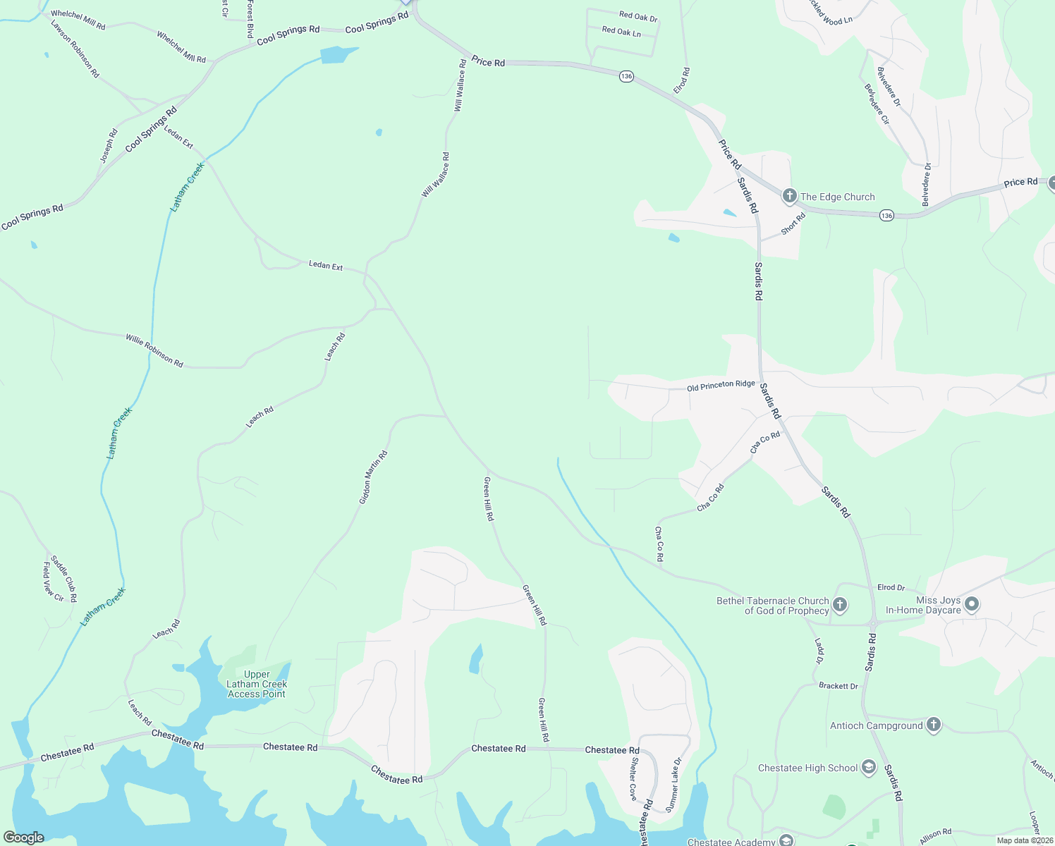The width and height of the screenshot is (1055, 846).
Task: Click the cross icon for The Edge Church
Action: (x=789, y=197)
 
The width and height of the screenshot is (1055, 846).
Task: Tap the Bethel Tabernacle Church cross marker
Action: (x=839, y=605)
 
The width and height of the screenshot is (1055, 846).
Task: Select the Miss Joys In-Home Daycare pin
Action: (x=971, y=604)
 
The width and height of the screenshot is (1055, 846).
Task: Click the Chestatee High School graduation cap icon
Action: (x=869, y=768)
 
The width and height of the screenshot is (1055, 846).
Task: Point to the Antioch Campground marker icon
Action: (x=933, y=725)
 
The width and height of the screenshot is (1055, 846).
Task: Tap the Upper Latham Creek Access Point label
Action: (x=257, y=684)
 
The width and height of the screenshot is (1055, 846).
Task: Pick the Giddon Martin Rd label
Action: (x=373, y=477)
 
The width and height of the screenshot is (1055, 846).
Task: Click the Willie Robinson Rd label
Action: (x=154, y=350)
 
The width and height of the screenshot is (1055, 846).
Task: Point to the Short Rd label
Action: (x=793, y=224)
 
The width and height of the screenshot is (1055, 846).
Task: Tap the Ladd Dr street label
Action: (x=819, y=651)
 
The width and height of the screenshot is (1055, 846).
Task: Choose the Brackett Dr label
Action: (x=838, y=685)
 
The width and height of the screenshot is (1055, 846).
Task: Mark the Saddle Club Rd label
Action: (x=63, y=578)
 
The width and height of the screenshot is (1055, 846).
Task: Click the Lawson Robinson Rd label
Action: (x=75, y=49)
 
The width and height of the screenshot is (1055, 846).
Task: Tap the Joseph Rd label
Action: (x=108, y=146)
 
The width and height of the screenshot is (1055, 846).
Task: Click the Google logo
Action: (x=23, y=837)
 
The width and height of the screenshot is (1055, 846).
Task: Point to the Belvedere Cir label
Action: (x=877, y=104)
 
